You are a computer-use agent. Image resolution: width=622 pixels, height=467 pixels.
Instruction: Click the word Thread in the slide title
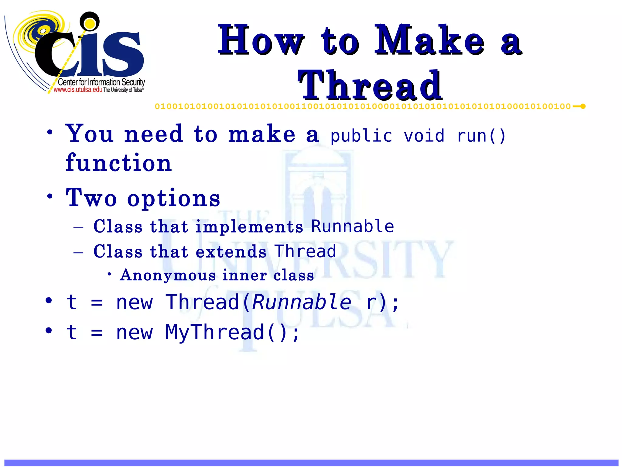tap(370, 86)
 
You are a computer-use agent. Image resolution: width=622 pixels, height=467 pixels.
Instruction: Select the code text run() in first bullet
tap(481, 136)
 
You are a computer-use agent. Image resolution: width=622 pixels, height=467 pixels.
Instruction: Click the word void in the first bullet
tap(424, 136)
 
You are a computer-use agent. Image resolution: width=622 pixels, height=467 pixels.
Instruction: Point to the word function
tap(119, 163)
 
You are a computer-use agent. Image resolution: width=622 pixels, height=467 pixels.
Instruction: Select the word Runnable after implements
tap(352, 226)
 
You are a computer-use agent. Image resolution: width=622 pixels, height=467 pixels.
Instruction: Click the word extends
tap(231, 252)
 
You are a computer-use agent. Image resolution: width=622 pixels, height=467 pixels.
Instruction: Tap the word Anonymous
tap(168, 275)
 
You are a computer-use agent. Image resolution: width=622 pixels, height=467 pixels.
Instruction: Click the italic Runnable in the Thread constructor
tap(302, 302)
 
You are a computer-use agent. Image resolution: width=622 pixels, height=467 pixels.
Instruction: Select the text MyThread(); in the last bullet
tap(232, 332)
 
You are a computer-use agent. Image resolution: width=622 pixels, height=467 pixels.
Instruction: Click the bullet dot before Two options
tap(50, 196)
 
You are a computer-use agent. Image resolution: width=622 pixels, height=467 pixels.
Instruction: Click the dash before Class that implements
tap(78, 227)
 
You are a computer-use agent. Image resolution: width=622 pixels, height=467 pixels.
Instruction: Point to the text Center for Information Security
tap(101, 82)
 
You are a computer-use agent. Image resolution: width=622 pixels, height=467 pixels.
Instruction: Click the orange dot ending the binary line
tap(583, 106)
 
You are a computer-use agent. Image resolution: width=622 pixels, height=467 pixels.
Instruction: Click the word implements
tap(249, 227)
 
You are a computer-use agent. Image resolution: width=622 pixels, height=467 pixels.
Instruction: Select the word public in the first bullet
tap(361, 136)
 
